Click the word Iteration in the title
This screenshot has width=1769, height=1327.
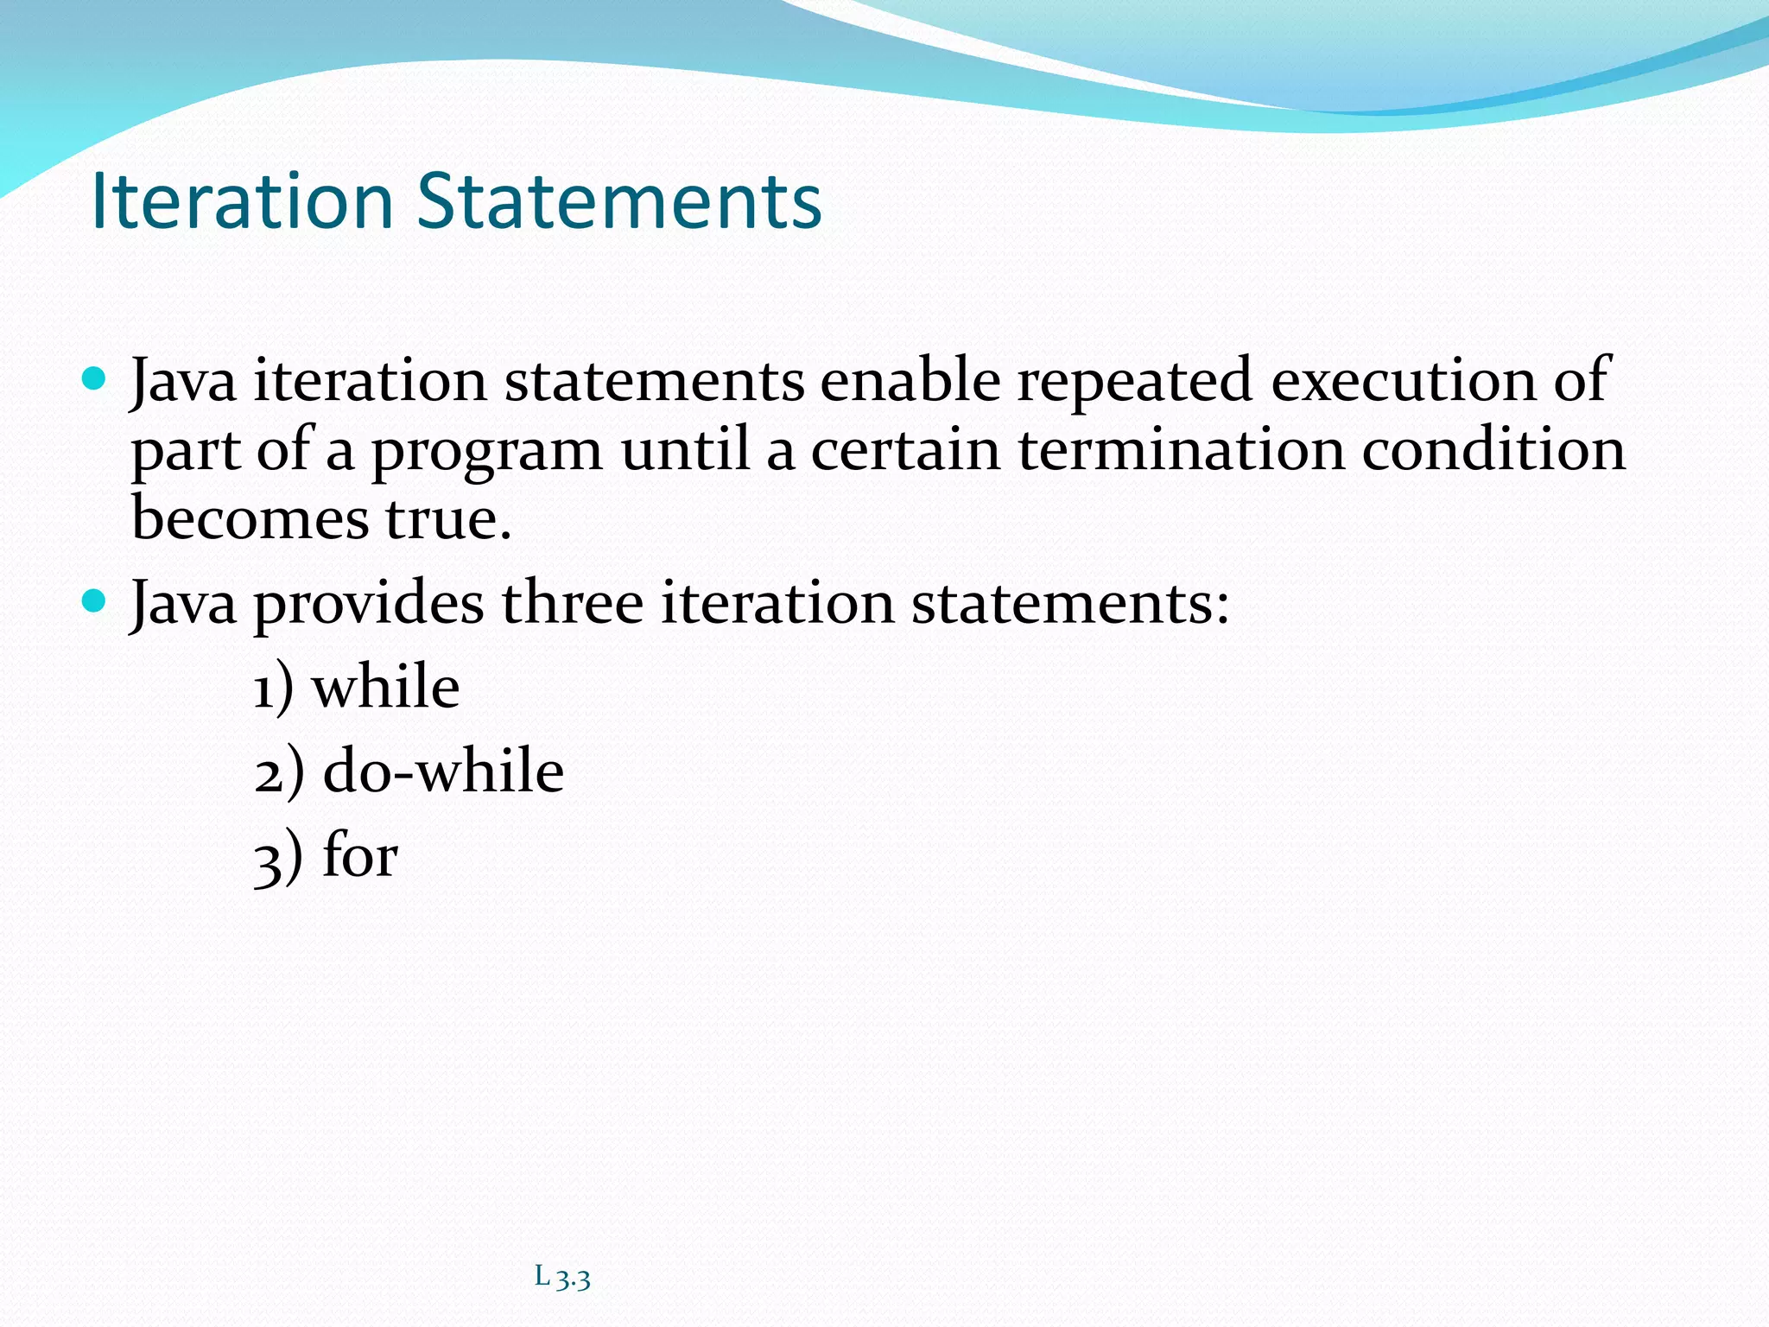tap(242, 201)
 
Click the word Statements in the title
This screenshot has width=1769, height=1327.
tap(618, 201)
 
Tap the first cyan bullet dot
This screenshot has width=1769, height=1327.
tap(93, 378)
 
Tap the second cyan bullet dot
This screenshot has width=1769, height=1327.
tap(93, 600)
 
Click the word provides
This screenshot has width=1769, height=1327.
tap(369, 604)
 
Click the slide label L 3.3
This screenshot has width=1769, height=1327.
tap(562, 1277)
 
